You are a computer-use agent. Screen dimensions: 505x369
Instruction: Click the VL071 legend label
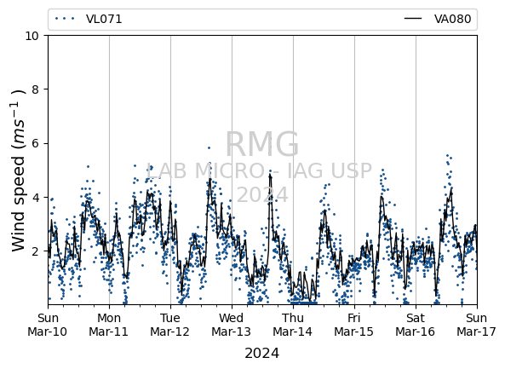[104, 19]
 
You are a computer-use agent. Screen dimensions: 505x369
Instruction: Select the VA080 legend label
[452, 19]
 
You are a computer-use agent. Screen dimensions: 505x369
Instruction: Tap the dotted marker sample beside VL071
[65, 19]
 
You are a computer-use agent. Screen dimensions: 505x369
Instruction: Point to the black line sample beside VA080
[413, 19]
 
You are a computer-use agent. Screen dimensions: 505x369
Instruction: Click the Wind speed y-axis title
[18, 170]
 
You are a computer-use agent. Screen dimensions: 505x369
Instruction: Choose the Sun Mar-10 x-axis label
[48, 325]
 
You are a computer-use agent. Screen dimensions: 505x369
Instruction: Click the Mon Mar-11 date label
[109, 325]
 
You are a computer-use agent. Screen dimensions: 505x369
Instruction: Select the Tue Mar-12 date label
[170, 325]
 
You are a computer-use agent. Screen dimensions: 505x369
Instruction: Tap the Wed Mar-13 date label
[232, 325]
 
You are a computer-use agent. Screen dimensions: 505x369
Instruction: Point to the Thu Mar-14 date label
[293, 325]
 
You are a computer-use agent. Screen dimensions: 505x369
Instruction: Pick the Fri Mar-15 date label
[354, 325]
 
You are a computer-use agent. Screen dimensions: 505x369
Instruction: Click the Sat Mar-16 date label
[415, 325]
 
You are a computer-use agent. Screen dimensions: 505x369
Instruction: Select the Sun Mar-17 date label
[476, 325]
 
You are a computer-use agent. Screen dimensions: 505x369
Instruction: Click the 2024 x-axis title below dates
[261, 353]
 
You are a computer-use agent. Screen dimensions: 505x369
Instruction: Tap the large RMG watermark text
[261, 144]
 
